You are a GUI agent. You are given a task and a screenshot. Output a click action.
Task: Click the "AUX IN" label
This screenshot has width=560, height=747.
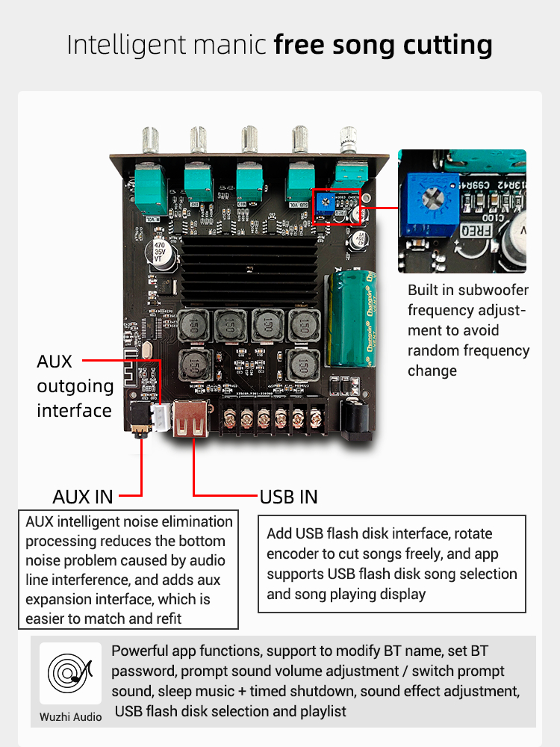point(83,496)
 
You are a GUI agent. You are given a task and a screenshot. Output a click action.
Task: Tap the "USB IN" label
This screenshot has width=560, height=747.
point(288,496)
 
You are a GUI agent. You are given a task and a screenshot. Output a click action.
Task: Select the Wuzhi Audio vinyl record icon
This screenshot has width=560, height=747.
point(70,672)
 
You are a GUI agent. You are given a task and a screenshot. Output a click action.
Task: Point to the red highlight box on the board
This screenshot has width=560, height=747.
point(337,206)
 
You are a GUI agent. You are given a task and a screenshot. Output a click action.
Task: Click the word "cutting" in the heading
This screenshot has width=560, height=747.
point(447,45)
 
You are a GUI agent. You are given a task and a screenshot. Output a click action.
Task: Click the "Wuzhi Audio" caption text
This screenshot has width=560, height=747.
point(70,717)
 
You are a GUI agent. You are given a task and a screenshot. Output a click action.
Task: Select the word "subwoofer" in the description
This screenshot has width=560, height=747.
point(490,290)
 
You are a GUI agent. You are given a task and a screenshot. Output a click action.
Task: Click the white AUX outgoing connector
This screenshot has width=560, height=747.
point(159,415)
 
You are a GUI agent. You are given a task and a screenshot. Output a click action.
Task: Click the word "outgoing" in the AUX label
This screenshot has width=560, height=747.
point(75,386)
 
